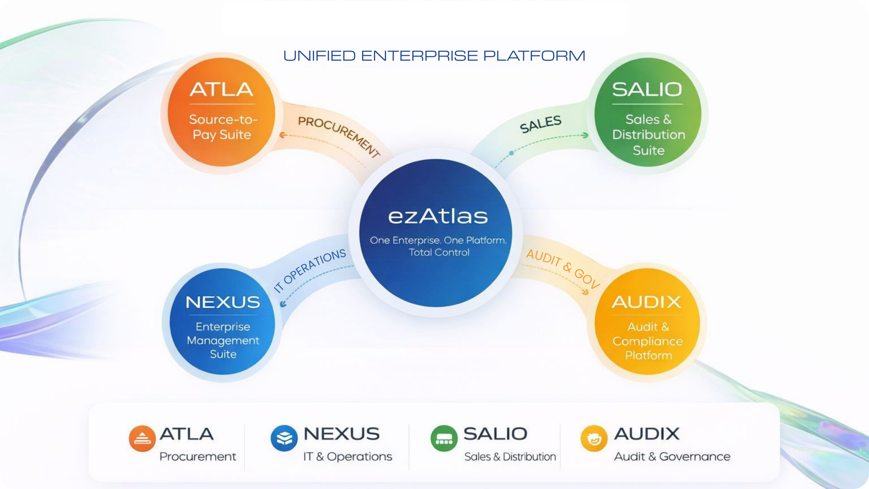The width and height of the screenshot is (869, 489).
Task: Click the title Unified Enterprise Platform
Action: click(x=434, y=56)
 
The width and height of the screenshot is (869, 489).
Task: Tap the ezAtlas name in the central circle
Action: click(x=438, y=216)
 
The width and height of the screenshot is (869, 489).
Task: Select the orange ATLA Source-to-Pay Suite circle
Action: click(x=221, y=112)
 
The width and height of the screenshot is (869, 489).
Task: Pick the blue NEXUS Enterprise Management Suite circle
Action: click(x=222, y=322)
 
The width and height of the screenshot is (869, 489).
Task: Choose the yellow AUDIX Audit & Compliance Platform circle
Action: click(x=647, y=322)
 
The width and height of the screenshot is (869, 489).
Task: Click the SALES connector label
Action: click(x=540, y=124)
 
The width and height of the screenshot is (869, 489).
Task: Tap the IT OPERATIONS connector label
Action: click(x=310, y=270)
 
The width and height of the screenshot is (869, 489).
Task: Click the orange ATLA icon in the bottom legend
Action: click(x=142, y=438)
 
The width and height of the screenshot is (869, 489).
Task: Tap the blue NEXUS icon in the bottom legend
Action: click(x=284, y=438)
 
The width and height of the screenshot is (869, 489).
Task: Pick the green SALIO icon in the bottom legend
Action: click(x=444, y=438)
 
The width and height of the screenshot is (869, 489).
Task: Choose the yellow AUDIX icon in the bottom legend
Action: click(x=594, y=438)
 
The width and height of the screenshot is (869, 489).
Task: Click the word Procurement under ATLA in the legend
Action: click(x=198, y=456)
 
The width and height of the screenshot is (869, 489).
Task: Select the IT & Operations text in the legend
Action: click(x=348, y=456)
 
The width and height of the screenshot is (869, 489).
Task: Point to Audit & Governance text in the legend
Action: click(x=672, y=456)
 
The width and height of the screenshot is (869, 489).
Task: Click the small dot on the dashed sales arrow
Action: click(x=511, y=153)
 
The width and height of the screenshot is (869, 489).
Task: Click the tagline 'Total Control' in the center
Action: click(x=439, y=253)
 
